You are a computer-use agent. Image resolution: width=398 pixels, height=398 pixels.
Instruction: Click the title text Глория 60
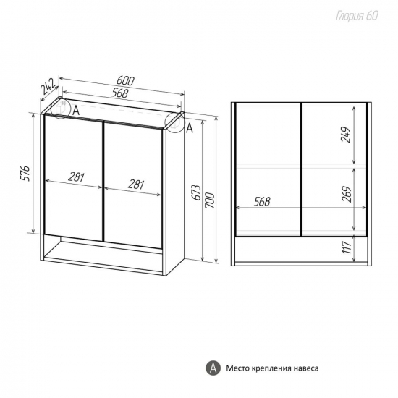(357, 16)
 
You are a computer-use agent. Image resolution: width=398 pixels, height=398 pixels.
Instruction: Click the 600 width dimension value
(125, 81)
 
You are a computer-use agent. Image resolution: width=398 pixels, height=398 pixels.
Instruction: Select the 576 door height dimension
(25, 174)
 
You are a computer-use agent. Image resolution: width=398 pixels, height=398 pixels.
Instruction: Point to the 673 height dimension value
(198, 192)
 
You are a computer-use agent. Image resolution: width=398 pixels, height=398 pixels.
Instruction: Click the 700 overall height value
(211, 200)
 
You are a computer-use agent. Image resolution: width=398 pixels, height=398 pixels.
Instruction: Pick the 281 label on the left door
(76, 178)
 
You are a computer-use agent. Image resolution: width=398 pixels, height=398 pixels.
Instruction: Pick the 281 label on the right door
(136, 185)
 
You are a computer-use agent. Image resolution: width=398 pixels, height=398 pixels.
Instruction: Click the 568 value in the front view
(262, 202)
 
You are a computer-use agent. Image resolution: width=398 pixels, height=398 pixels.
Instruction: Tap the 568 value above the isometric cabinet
(119, 93)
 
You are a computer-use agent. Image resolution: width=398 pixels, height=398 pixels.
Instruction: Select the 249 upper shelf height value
(346, 135)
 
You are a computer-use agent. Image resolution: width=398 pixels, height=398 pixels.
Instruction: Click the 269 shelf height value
(347, 195)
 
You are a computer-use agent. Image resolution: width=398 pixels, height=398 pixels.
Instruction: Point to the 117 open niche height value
(346, 247)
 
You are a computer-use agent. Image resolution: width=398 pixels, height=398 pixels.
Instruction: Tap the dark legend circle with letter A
(213, 368)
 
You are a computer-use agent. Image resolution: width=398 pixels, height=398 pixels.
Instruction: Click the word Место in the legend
(237, 368)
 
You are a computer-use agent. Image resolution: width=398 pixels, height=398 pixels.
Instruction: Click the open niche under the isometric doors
(103, 251)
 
